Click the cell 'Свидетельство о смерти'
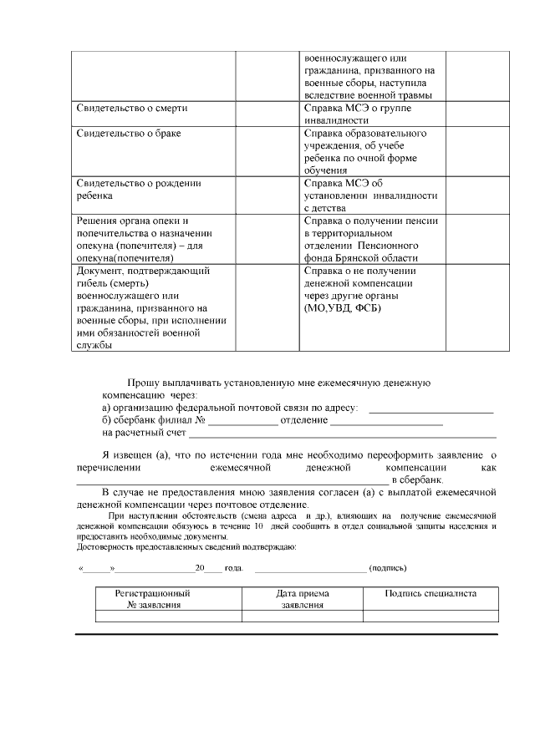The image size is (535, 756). point(131,109)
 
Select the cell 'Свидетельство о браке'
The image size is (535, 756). point(129,134)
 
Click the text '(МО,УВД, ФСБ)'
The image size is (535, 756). point(344,309)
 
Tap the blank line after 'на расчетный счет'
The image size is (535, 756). point(343,436)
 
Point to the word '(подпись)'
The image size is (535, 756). point(388,568)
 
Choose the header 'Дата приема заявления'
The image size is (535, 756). point(302,599)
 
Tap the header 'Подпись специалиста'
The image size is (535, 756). point(431,593)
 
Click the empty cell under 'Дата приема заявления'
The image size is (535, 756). point(302,616)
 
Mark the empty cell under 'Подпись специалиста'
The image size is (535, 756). point(431,616)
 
